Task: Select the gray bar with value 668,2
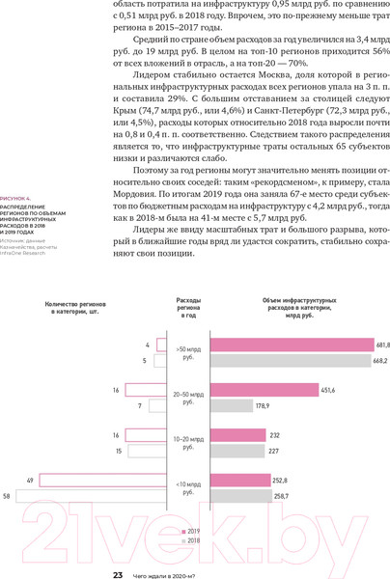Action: (x=290, y=361)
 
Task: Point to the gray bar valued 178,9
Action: (x=231, y=406)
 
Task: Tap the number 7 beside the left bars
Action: (x=142, y=406)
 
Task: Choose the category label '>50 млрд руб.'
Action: (x=188, y=352)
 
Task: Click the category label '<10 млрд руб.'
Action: (x=188, y=487)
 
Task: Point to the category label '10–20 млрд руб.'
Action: (x=188, y=443)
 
